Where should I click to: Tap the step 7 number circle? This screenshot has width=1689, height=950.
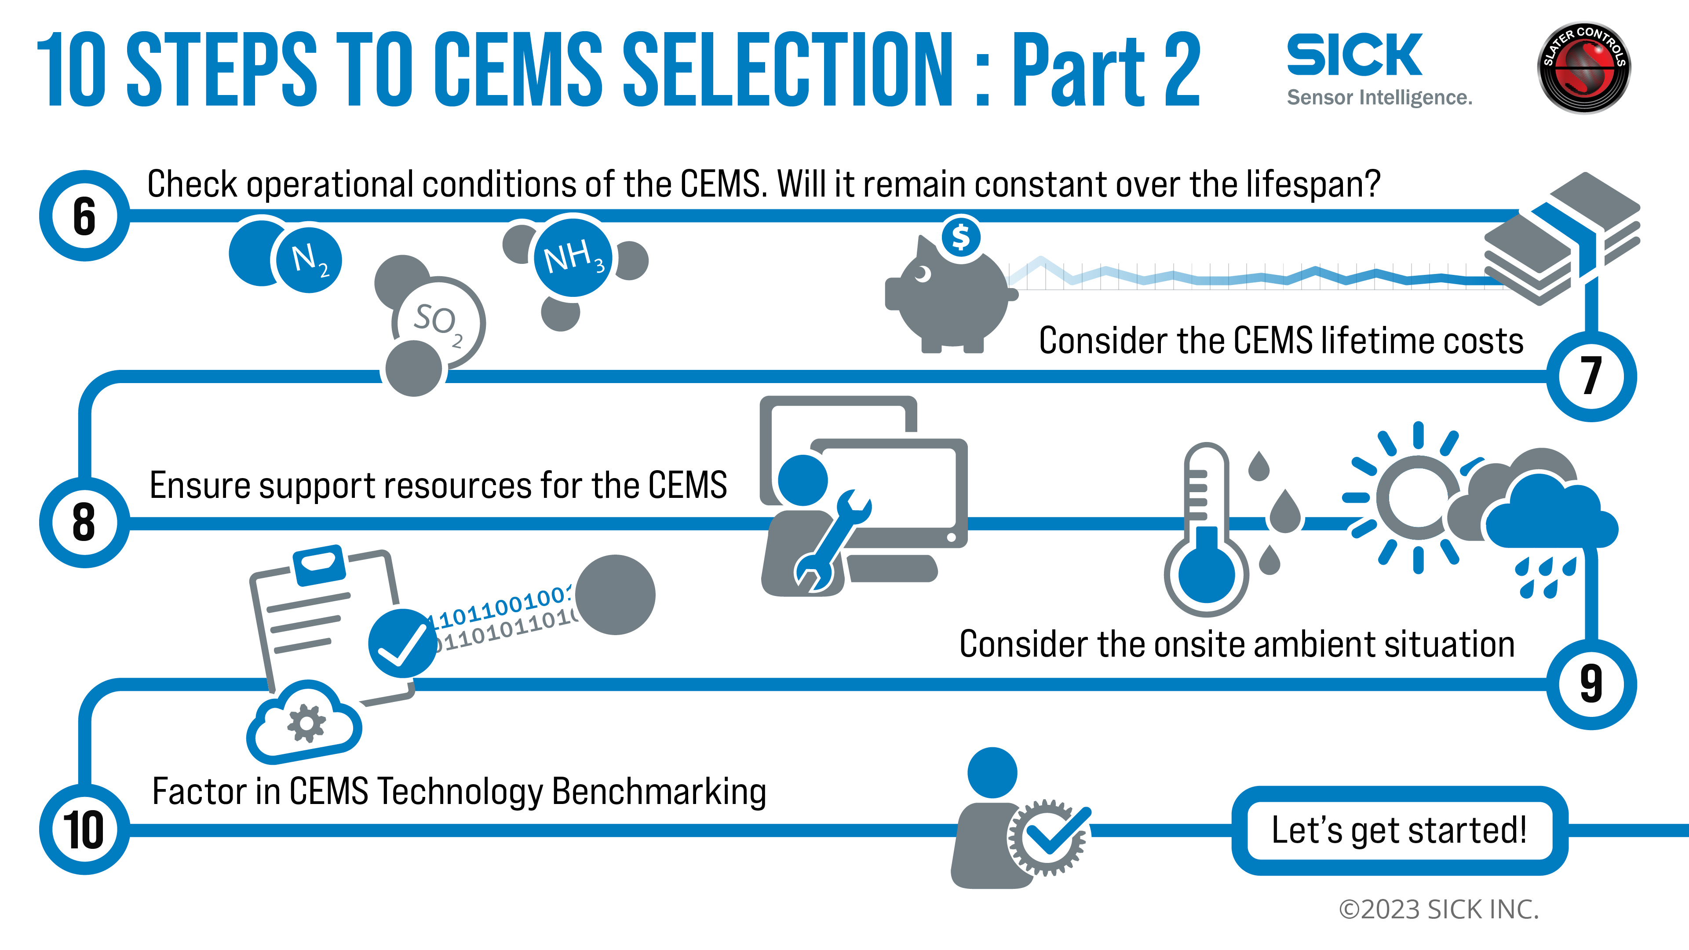pyautogui.click(x=1591, y=376)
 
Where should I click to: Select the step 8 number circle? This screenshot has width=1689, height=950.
pyautogui.click(x=84, y=522)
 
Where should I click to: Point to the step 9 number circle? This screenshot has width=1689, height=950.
pyautogui.click(x=1591, y=684)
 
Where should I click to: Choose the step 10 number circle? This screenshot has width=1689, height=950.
pyautogui.click(x=84, y=829)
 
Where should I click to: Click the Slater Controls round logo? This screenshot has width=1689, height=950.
pyautogui.click(x=1583, y=68)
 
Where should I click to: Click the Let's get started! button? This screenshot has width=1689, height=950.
pyautogui.click(x=1399, y=830)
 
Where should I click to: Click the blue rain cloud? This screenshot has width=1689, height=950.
pyautogui.click(x=1550, y=515)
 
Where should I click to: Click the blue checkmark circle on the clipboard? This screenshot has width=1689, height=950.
pyautogui.click(x=401, y=643)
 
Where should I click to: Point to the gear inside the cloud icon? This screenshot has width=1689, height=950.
pyautogui.click(x=306, y=723)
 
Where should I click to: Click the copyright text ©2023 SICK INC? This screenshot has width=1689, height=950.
pyautogui.click(x=1438, y=910)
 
